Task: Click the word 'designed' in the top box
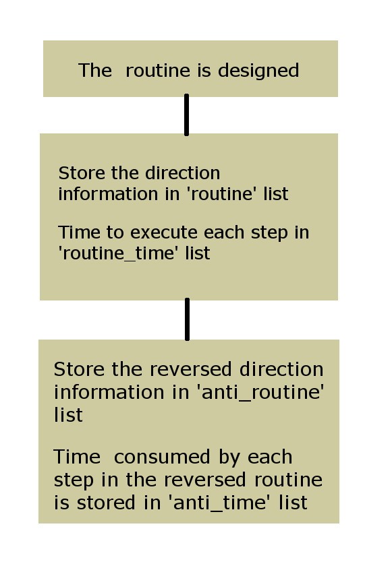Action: pos(258,71)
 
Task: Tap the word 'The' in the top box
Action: pos(95,70)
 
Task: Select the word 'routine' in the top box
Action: pos(158,70)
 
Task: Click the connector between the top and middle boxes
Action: pos(187,115)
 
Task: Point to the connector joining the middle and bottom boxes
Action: pos(187,319)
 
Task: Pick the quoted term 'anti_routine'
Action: pos(260,393)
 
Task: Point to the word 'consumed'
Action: pos(162,457)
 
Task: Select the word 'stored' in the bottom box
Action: pos(106,503)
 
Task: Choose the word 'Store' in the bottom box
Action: pos(80,369)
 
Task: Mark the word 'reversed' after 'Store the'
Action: pos(190,369)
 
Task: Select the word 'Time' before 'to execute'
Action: pos(79,232)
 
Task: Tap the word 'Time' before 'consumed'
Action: pos(77,457)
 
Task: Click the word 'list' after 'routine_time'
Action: pos(198,253)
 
